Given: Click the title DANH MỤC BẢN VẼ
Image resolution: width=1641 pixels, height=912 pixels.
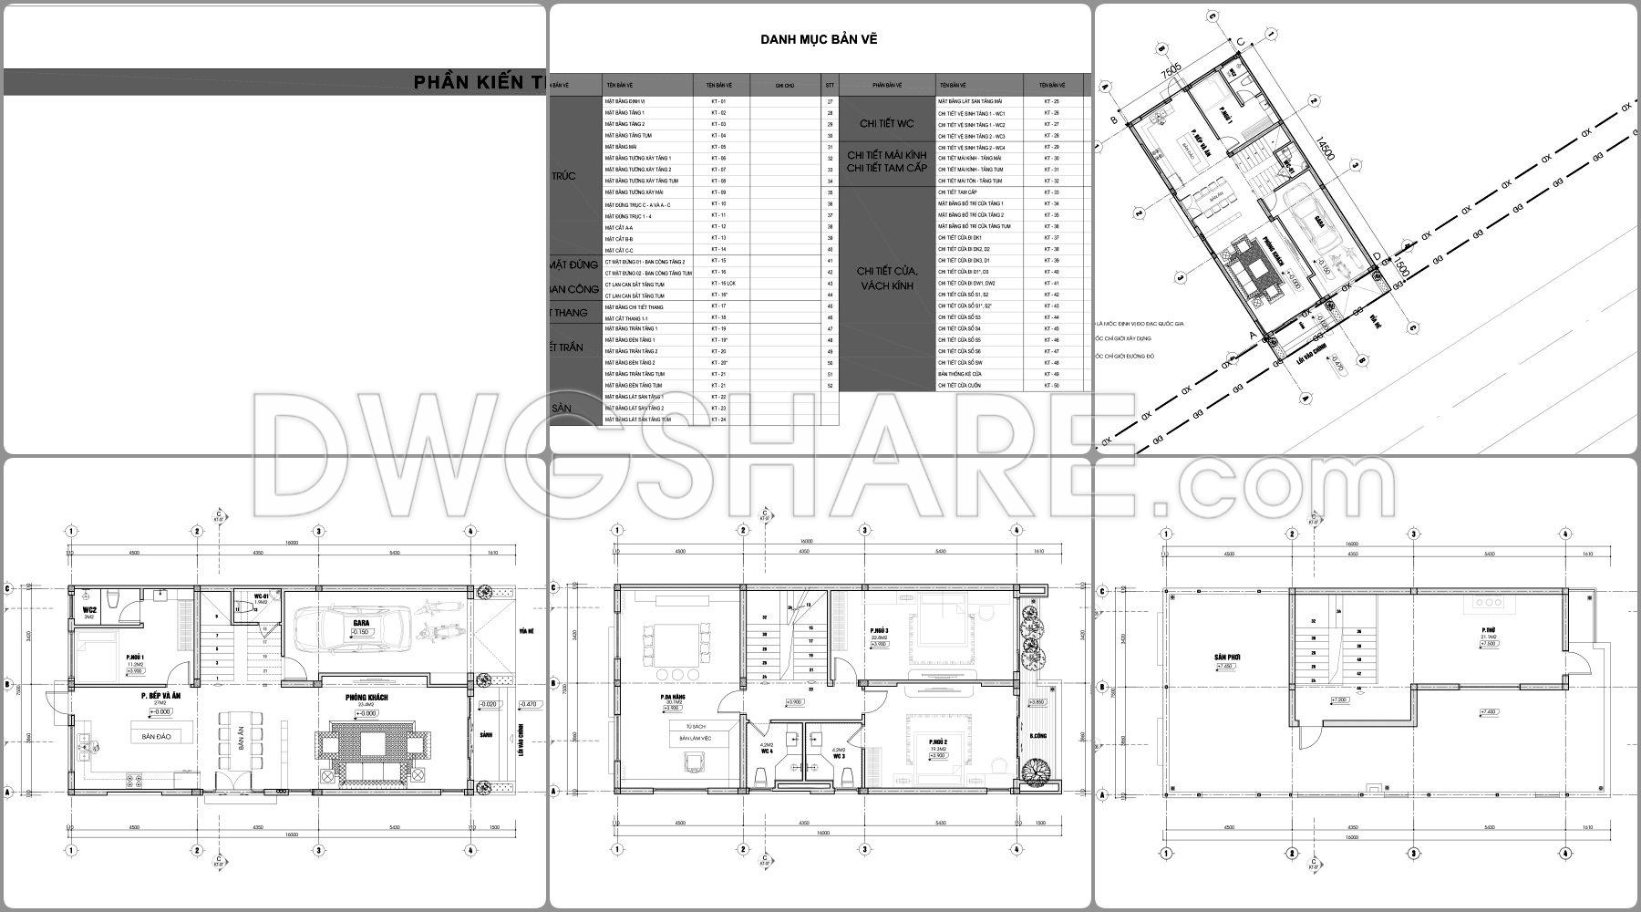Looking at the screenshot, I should [819, 39].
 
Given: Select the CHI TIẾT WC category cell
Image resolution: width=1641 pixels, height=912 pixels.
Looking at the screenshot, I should [886, 124].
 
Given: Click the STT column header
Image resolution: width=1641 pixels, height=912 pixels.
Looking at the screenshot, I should [830, 85].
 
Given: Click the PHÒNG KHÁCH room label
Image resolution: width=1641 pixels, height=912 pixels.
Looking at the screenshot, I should [366, 697].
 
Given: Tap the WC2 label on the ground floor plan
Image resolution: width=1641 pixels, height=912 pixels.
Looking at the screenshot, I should [89, 609].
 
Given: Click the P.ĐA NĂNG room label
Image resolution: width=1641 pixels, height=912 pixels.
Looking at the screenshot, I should [673, 699].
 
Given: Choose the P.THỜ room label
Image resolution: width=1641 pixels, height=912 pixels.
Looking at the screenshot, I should [1487, 629].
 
